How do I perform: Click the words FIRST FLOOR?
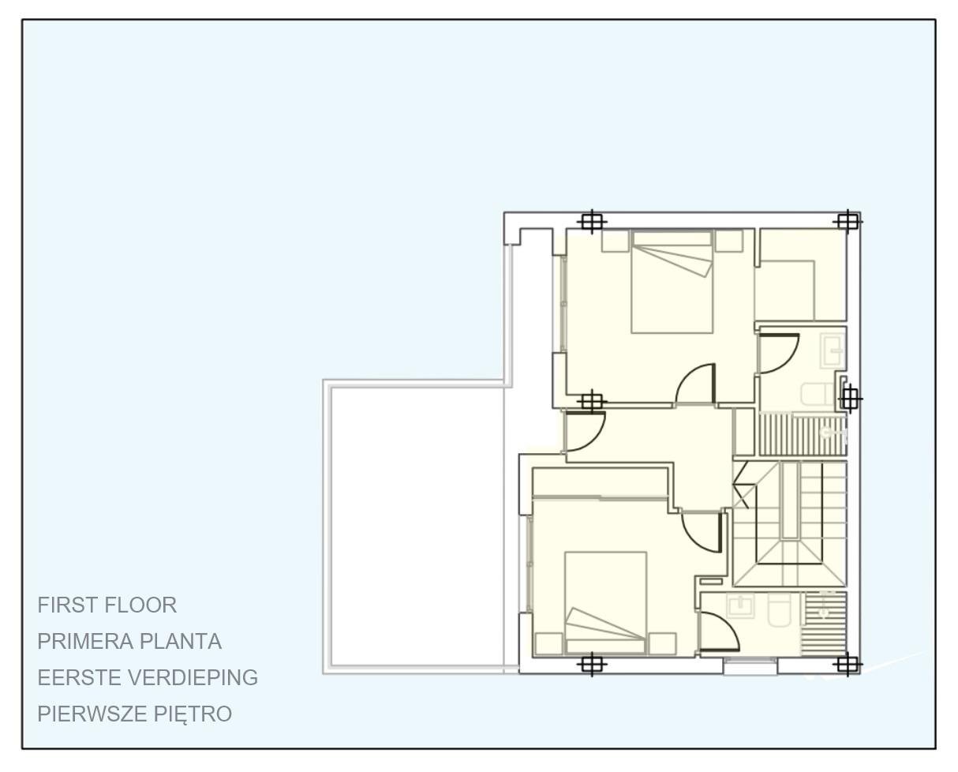(x=107, y=605)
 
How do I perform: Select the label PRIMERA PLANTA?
(x=129, y=642)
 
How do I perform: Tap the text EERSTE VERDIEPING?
(x=148, y=678)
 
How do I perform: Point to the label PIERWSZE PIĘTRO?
(x=135, y=714)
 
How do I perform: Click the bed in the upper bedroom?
(x=672, y=282)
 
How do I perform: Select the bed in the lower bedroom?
(x=605, y=603)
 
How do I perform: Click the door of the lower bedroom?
(x=702, y=532)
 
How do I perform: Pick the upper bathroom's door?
(x=778, y=353)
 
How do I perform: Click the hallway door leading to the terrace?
(x=585, y=432)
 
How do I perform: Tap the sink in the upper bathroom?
(x=833, y=350)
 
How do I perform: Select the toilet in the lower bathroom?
(x=780, y=609)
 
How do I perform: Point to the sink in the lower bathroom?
(x=740, y=606)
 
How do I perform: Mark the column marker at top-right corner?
(x=847, y=222)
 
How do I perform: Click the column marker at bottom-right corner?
(x=847, y=665)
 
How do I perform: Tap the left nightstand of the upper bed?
(x=616, y=241)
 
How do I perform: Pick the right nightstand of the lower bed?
(x=662, y=643)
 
